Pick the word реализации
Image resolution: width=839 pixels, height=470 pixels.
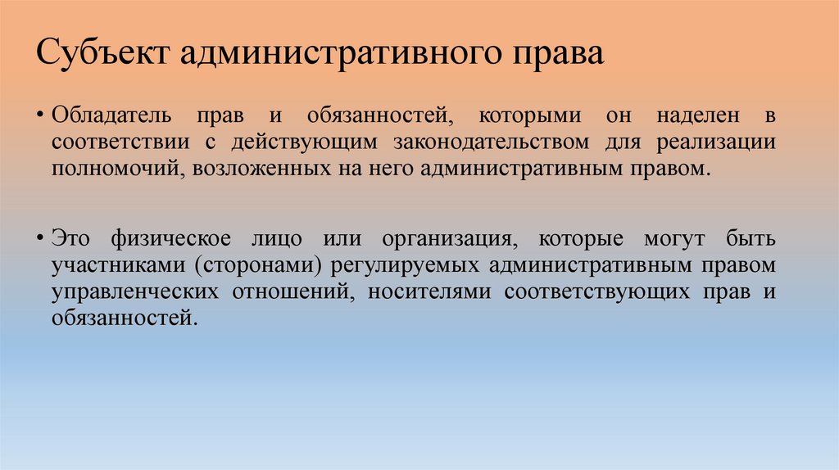727,142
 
